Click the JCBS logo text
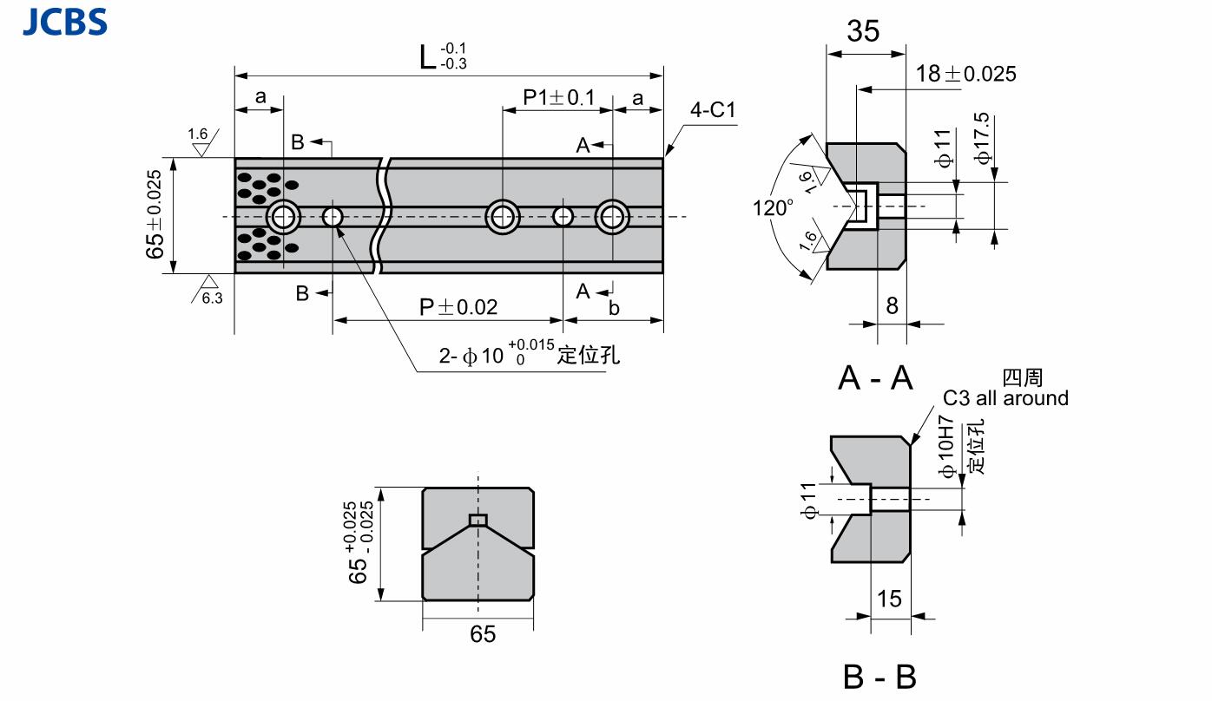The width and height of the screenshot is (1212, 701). [64, 21]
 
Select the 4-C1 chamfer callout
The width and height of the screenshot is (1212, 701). [713, 110]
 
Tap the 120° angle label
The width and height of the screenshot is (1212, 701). [774, 208]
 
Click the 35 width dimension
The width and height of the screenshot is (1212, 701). [862, 31]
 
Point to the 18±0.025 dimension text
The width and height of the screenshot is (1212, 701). [965, 74]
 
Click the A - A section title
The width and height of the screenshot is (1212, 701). [876, 377]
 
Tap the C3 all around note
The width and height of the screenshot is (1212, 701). [1005, 398]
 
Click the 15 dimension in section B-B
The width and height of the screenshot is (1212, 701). [889, 599]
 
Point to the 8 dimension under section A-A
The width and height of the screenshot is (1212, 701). [892, 305]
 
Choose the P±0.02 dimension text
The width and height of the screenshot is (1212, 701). [458, 307]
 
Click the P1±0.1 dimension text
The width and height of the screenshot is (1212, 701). [558, 97]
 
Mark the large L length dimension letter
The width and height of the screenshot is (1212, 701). [426, 58]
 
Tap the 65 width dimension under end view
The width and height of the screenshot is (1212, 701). [483, 634]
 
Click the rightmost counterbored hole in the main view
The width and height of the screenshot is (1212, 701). [612, 216]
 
